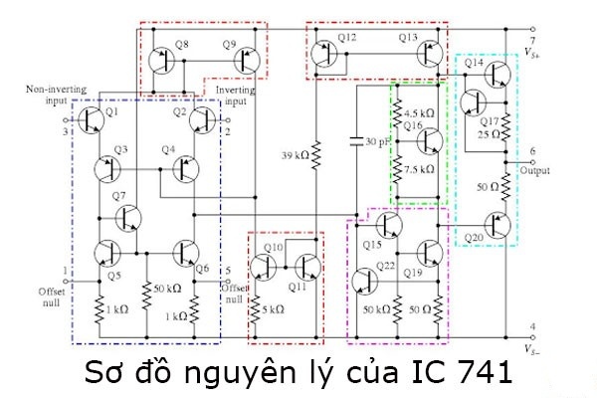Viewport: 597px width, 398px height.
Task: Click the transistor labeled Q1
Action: click(92, 119)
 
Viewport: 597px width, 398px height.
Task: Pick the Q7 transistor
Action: click(126, 216)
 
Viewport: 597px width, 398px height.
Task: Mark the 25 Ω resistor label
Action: click(488, 132)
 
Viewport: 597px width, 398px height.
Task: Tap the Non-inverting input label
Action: click(55, 95)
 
